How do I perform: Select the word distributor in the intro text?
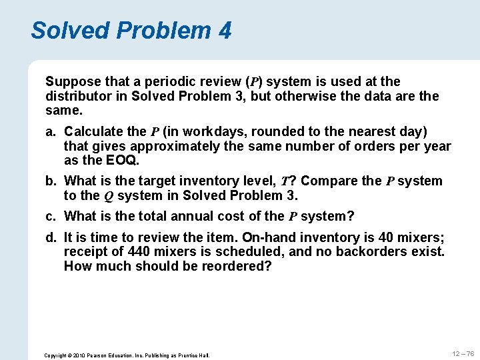click(x=77, y=96)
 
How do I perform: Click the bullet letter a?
click(x=51, y=131)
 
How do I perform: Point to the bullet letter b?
click(x=51, y=181)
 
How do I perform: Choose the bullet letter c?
click(x=51, y=216)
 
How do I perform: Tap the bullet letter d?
click(x=51, y=237)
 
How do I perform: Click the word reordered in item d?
click(x=233, y=266)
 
